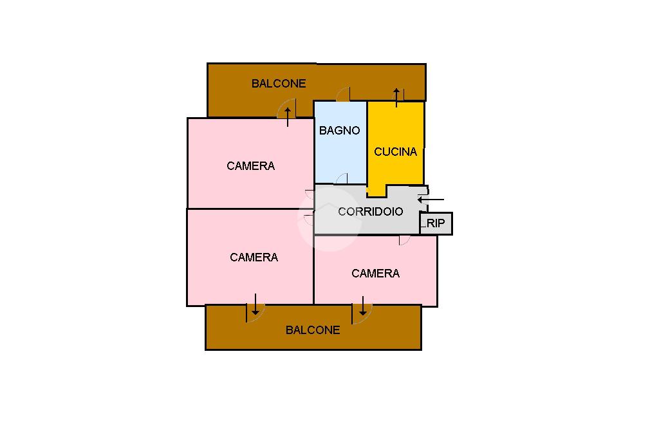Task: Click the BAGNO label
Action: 339,131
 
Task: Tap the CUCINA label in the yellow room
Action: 395,152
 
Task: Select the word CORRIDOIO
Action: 371,211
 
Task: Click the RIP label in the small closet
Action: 436,223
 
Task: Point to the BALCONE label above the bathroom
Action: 278,84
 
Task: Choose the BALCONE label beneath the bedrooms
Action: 313,330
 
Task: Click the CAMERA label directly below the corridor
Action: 375,274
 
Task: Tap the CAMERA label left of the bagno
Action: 250,166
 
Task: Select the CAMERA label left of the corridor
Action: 254,257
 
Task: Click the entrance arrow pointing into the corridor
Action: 430,200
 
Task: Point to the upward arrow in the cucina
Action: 397,97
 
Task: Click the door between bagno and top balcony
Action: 343,95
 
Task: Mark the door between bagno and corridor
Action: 342,179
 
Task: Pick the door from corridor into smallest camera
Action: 404,240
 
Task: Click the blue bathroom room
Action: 340,154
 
